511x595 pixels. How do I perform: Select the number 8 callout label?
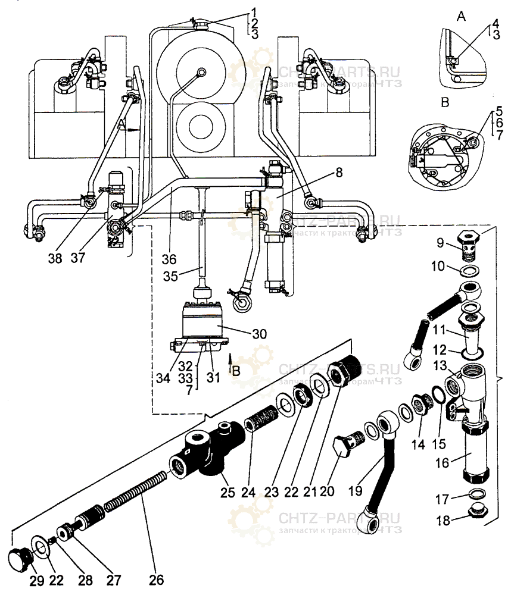338,174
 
